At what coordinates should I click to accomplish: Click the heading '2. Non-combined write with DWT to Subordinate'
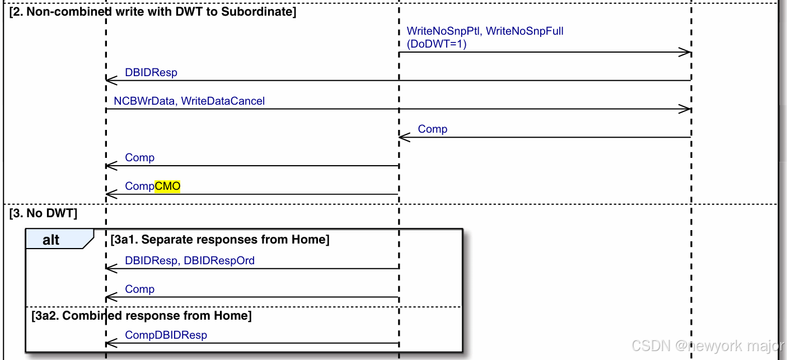153,12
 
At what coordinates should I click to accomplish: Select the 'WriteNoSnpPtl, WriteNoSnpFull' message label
485,31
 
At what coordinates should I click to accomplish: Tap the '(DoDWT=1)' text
436,44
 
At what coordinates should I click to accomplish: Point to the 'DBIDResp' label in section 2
151,73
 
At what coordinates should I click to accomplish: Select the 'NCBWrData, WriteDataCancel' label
189,101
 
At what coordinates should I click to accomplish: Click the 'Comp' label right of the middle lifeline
433,129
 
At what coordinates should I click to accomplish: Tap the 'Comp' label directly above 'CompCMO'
139,158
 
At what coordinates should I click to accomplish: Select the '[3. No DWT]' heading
43,213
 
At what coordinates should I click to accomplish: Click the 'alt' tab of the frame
51,240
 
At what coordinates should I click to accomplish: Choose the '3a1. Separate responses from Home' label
220,240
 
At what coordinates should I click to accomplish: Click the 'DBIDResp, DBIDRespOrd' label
190,260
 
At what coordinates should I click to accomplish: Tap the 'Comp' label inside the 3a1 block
139,289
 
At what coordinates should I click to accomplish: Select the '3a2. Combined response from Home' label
141,316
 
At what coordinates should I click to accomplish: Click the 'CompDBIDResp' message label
166,335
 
